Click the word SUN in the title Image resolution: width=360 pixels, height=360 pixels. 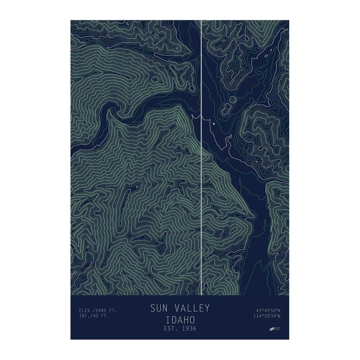click(x=158, y=309)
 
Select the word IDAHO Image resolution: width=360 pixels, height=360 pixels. click(x=180, y=319)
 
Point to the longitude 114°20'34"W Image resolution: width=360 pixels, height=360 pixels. click(x=267, y=316)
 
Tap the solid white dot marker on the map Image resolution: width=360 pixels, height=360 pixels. click(x=214, y=123)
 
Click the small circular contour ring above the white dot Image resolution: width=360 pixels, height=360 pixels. click(x=233, y=100)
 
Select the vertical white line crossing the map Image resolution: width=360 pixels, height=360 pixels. click(x=201, y=180)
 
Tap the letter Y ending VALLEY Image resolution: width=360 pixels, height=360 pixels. click(x=207, y=309)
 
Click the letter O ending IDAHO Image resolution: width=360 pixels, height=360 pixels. click(x=192, y=319)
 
